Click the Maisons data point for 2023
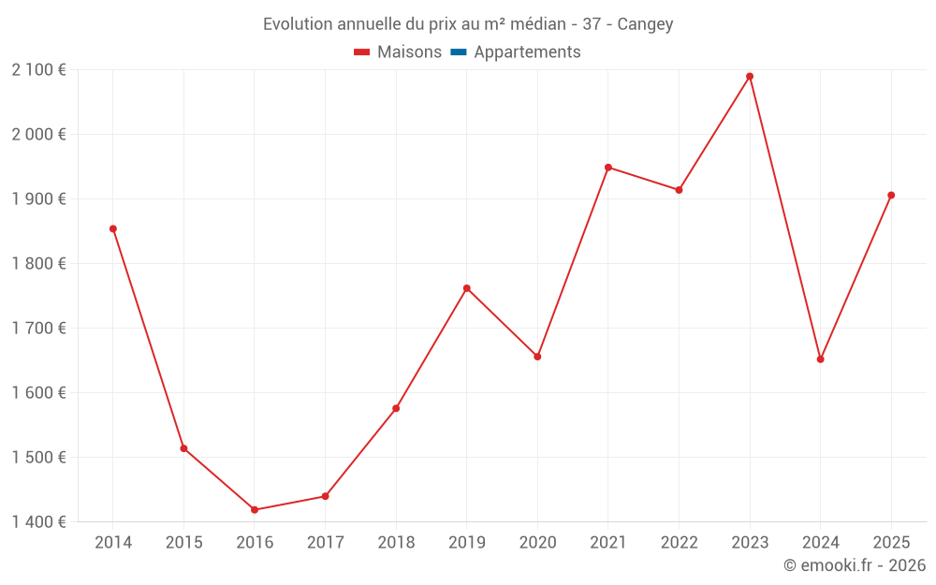pyautogui.click(x=750, y=77)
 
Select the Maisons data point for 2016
pyautogui.click(x=255, y=510)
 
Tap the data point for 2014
pyautogui.click(x=113, y=228)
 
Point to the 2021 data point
pyautogui.click(x=608, y=168)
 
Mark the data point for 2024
pyautogui.click(x=821, y=359)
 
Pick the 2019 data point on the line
pyautogui.click(x=467, y=288)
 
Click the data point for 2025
pyautogui.click(x=891, y=196)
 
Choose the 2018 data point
pyautogui.click(x=396, y=408)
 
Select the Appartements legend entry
pyautogui.click(x=527, y=52)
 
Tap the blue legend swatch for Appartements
pyautogui.click(x=459, y=52)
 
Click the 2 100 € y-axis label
pyautogui.click(x=39, y=70)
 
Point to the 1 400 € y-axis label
pyautogui.click(x=39, y=522)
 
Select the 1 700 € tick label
pyautogui.click(x=39, y=329)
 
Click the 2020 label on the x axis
pyautogui.click(x=537, y=543)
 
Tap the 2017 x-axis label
pyautogui.click(x=326, y=543)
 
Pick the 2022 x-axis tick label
pyautogui.click(x=679, y=543)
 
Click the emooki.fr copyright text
pyautogui.click(x=855, y=565)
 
